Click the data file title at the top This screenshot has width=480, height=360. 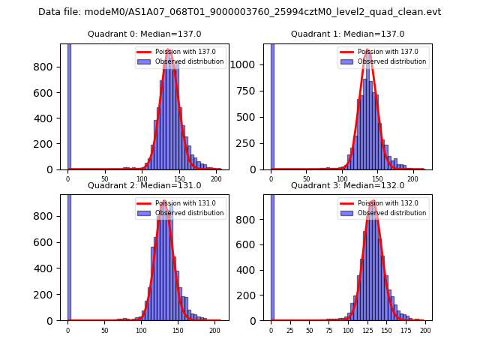239,12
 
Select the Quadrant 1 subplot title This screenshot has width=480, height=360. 347,34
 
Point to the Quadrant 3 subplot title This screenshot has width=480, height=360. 347,185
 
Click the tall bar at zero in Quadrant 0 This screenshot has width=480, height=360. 69,105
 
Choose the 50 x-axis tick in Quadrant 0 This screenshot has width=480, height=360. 105,178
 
